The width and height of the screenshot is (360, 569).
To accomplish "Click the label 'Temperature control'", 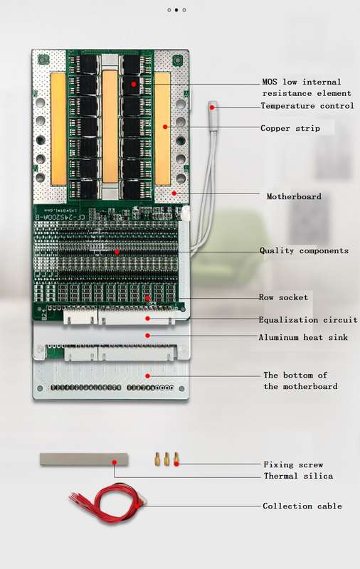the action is [x=307, y=106].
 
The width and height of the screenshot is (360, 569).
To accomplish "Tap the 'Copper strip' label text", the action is [x=290, y=129].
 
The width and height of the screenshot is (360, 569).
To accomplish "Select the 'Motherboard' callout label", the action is [x=294, y=197].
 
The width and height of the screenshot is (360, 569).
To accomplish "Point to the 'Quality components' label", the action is [x=304, y=251].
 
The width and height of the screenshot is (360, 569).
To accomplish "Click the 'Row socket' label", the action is [x=283, y=297].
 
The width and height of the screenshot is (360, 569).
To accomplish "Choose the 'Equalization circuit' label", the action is [x=308, y=319].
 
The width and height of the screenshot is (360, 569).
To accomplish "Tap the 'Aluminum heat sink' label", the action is [x=303, y=337].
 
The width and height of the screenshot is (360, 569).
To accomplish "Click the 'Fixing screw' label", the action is [x=293, y=464].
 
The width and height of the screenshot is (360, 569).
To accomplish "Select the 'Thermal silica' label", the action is [x=298, y=476].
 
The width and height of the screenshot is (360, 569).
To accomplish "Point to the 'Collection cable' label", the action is [x=302, y=506].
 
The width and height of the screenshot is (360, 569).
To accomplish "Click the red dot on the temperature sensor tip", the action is [x=212, y=107].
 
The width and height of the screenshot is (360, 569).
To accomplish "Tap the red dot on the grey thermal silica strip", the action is [x=115, y=462].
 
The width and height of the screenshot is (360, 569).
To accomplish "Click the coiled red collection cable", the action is [x=108, y=504].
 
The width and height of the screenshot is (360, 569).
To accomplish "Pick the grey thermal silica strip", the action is [x=84, y=459].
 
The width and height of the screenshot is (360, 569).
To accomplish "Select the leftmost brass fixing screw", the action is [x=157, y=459].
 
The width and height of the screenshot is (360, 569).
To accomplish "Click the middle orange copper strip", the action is [x=110, y=127].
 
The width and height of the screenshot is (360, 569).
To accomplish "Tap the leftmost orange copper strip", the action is [x=58, y=129].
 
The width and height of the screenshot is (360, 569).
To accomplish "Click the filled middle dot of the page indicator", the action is [x=176, y=10].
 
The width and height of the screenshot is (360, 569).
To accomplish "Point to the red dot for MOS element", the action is [x=134, y=84].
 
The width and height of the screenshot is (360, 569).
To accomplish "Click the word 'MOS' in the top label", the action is [x=270, y=82].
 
